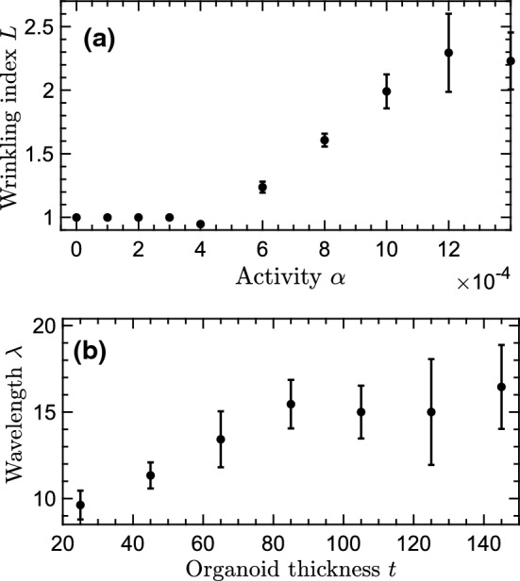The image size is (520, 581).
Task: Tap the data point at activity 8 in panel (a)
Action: tap(325, 140)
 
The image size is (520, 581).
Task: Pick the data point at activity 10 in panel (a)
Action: tap(387, 91)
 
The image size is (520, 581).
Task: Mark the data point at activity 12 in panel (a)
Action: tap(449, 53)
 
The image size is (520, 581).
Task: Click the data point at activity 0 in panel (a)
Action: tap(76, 217)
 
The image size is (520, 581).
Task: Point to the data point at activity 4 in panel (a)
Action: tap(200, 224)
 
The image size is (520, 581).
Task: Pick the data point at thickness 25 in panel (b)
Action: tap(80, 505)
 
